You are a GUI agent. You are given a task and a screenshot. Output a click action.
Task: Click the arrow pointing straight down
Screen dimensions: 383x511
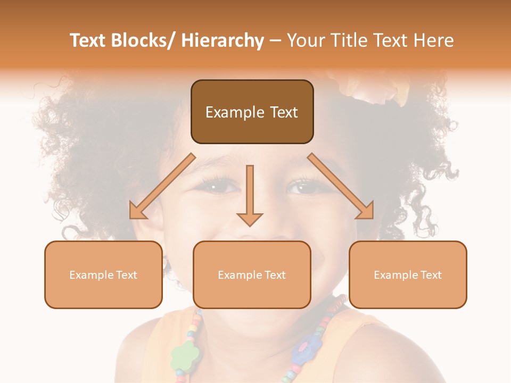250,197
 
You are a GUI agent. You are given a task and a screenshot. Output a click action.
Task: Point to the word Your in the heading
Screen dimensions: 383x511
304,41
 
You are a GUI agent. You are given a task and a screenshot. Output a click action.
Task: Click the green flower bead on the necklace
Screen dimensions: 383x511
185,354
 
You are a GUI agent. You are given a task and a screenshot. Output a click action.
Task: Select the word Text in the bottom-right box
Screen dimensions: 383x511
430,275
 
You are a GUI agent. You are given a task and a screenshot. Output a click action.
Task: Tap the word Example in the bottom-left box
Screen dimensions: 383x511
91,275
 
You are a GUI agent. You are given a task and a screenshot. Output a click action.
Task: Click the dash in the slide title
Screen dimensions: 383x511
275,41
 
